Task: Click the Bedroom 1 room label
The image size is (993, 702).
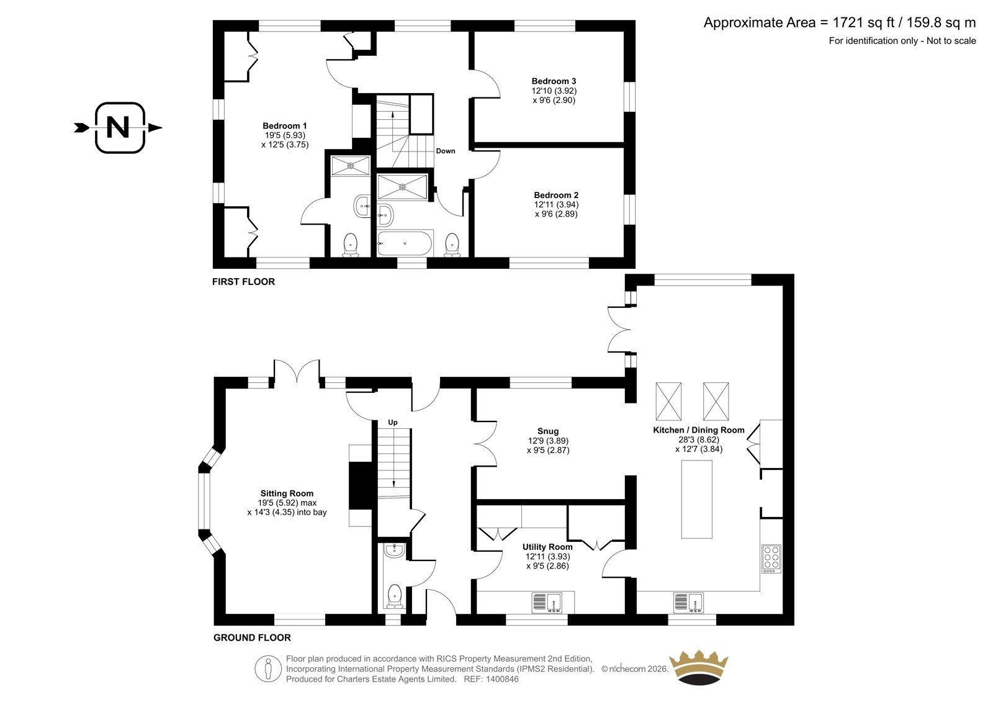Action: [284, 126]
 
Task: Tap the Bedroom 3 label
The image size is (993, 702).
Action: [554, 81]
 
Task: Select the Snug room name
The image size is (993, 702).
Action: [548, 431]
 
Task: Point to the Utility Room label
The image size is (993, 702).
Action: [547, 547]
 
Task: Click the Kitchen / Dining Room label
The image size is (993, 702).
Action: [699, 430]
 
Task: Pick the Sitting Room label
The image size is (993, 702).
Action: [287, 493]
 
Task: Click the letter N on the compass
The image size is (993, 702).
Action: [118, 127]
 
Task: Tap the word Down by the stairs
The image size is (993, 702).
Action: [446, 151]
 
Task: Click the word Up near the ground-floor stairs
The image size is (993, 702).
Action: [393, 422]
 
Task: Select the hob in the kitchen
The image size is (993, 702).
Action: [771, 559]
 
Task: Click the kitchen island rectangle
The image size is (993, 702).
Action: [696, 499]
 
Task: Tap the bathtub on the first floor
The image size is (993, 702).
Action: [405, 243]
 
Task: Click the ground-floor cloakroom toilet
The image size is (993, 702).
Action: [394, 596]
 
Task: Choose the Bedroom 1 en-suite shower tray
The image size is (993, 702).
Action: [350, 165]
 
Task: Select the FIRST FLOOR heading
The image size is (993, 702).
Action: [243, 282]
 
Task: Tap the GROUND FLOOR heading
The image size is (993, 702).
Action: [252, 637]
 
